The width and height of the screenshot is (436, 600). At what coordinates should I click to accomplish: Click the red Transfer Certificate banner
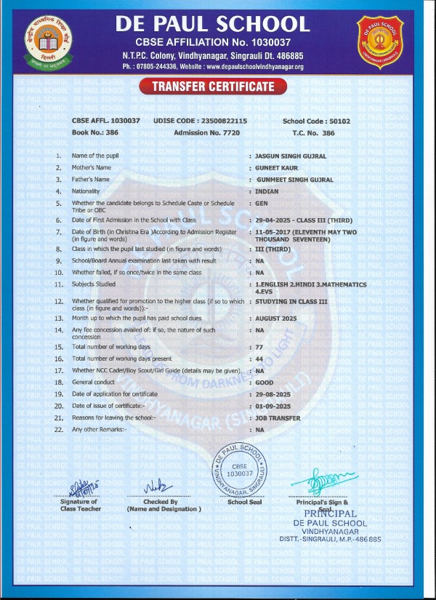click(214, 87)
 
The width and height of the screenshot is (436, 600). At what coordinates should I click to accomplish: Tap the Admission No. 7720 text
click(206, 133)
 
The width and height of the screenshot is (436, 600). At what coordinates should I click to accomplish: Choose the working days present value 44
click(258, 359)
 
